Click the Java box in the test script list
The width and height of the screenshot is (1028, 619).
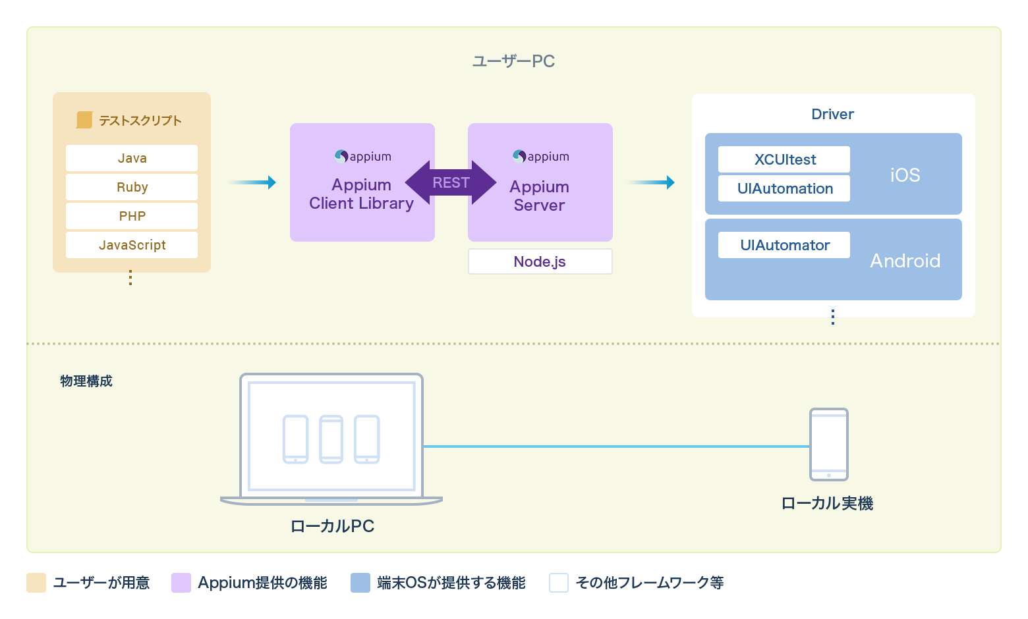pos(132,158)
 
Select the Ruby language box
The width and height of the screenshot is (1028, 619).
pos(132,187)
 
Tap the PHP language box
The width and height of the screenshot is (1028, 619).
pos(132,216)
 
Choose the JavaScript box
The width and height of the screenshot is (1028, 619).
pos(132,245)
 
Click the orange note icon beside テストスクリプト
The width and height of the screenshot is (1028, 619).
pos(84,120)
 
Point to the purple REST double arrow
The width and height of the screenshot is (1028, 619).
pos(451,182)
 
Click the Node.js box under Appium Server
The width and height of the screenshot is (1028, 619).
pos(540,261)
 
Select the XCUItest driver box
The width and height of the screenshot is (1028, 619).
pos(784,159)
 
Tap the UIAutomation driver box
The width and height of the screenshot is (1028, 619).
pos(784,188)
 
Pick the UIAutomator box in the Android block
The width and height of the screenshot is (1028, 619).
pos(784,245)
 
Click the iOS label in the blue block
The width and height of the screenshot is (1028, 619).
pos(905,175)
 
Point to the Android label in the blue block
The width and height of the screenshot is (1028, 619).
pos(905,261)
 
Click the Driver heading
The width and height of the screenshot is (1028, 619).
pos(832,114)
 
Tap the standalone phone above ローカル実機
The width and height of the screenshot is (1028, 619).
pos(828,444)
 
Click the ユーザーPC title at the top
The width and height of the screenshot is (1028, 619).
pos(513,61)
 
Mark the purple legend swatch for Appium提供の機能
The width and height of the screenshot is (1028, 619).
pos(181,583)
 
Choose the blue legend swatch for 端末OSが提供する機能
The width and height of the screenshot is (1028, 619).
pos(360,583)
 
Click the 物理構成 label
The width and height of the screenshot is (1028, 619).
pos(86,381)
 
